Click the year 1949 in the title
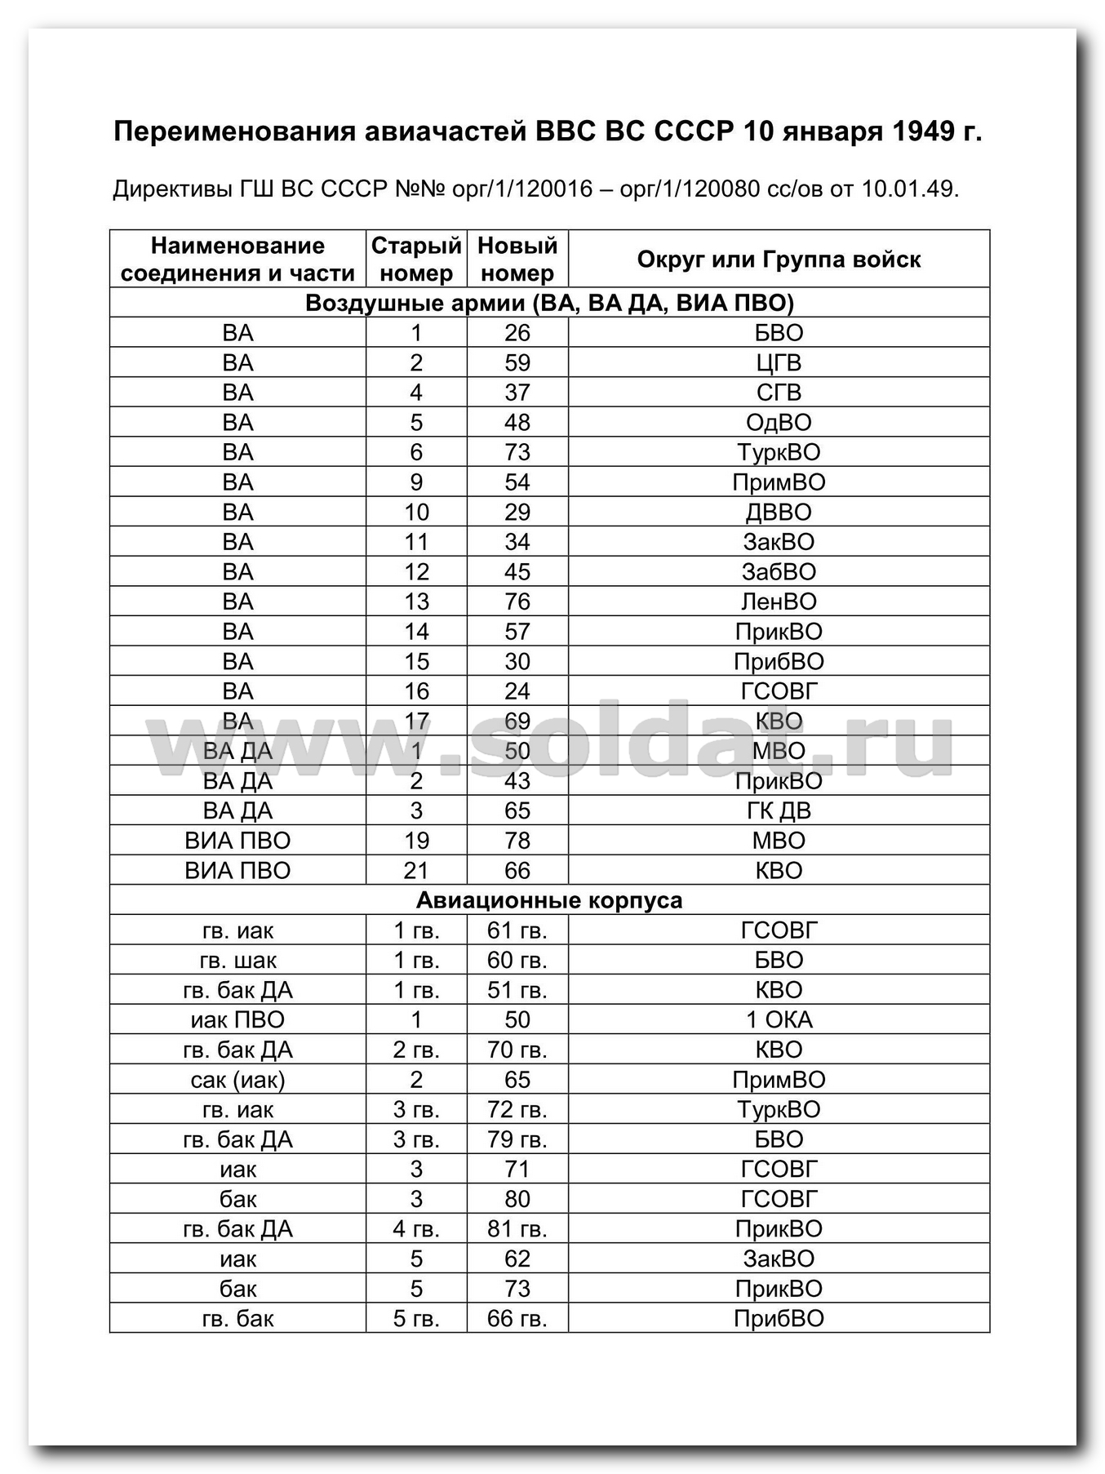(918, 131)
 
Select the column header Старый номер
(416, 259)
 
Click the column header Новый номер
(517, 259)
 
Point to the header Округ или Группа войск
(779, 260)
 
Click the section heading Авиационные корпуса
(549, 900)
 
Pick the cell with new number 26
(517, 333)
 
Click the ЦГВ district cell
(779, 362)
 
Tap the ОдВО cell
(779, 423)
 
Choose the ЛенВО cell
(779, 602)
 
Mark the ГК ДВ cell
(779, 810)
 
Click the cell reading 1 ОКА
(779, 1019)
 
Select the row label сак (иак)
(237, 1080)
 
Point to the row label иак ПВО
(237, 1019)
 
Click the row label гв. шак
(237, 960)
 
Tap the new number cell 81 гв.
(517, 1229)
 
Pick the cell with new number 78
(517, 841)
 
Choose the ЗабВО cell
(779, 572)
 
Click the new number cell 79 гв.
(517, 1139)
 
